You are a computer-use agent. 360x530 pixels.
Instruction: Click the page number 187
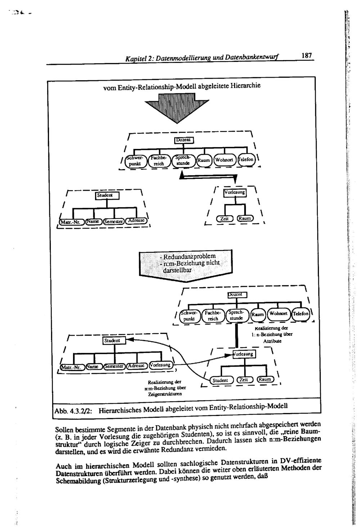306,56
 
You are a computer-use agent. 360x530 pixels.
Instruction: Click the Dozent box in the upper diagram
184,140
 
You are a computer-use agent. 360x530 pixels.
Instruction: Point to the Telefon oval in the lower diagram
301,314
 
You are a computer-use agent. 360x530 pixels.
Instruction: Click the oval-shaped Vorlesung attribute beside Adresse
160,365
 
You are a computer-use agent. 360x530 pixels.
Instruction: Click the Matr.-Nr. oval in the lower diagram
72,367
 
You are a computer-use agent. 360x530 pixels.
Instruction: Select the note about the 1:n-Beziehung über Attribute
267,334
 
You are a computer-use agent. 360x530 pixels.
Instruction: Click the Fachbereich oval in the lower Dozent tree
213,316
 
